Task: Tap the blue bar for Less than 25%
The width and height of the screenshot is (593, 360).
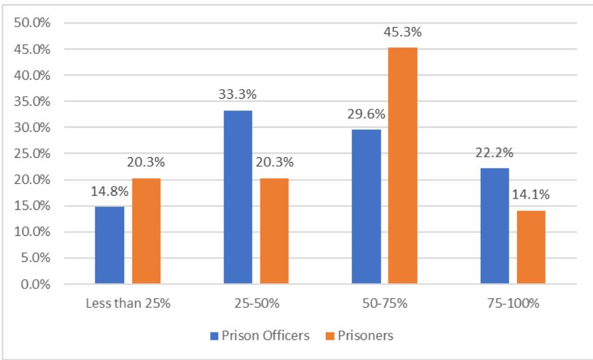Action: (x=109, y=245)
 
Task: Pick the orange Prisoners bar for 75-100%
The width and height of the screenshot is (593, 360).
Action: (x=531, y=248)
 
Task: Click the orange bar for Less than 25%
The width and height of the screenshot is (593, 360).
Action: (x=146, y=231)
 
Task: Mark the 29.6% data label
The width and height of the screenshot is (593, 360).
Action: (x=366, y=116)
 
